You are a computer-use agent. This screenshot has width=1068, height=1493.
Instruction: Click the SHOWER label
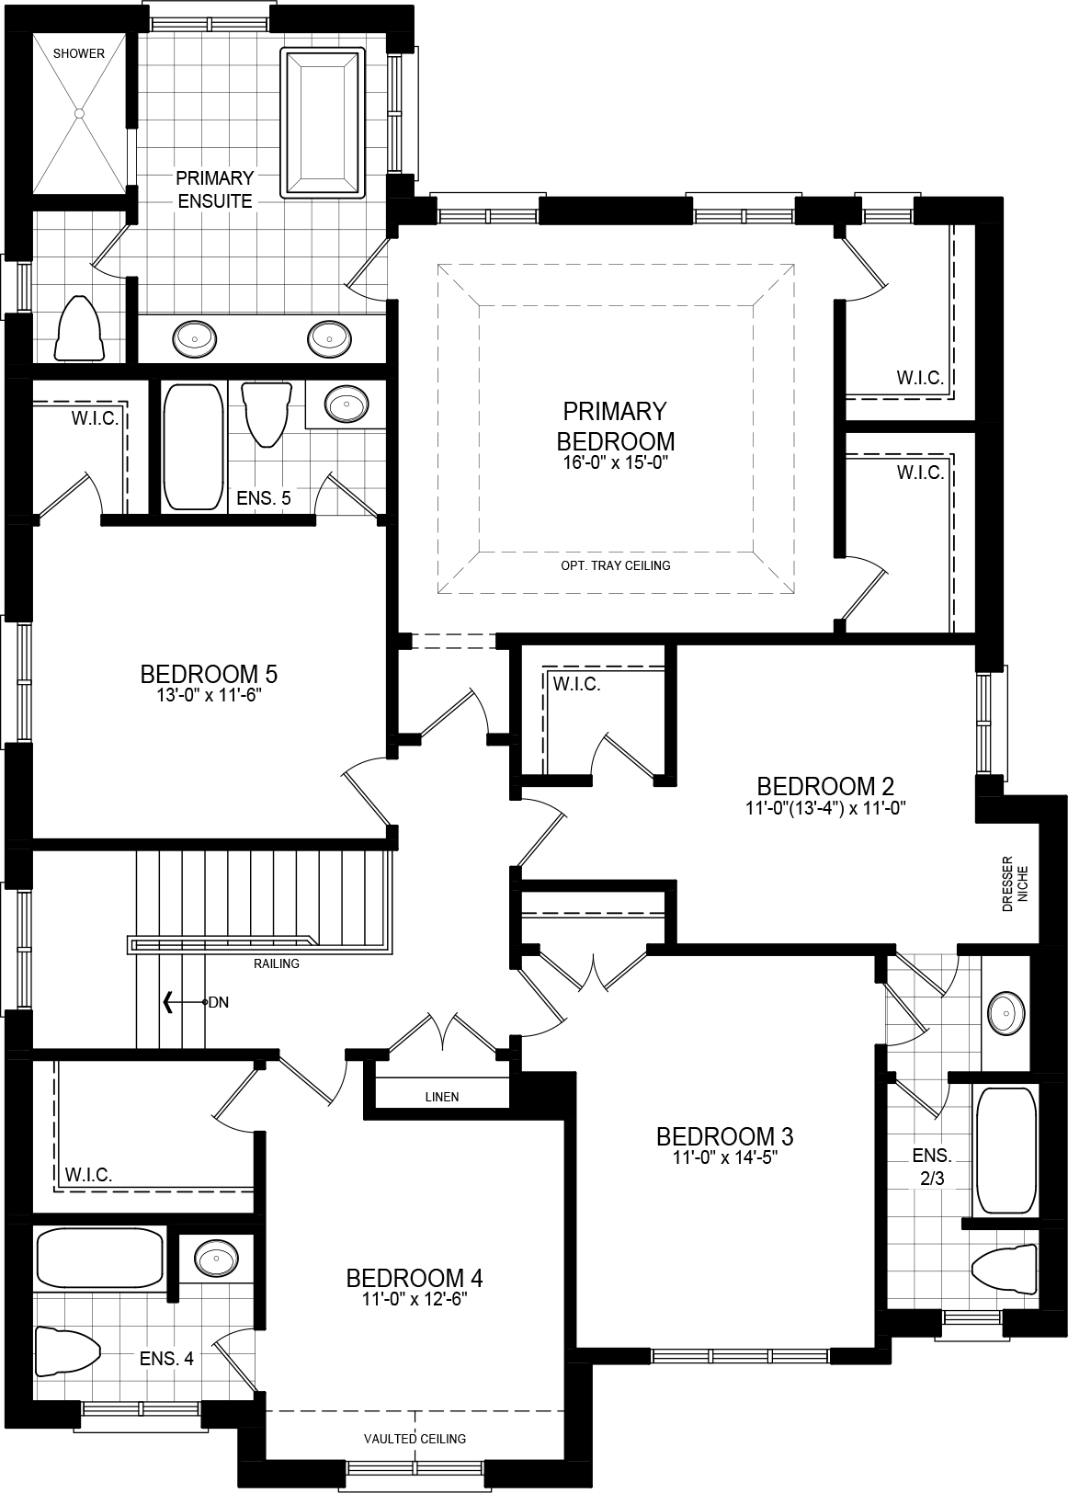pos(78,53)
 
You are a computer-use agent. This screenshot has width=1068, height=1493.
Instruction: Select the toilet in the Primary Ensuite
pos(78,328)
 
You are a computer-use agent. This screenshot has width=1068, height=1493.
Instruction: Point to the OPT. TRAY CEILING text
pos(615,565)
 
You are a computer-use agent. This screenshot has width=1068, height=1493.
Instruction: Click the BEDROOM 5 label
pos(209,674)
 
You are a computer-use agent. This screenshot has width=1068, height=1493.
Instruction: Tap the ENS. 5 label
pos(263,498)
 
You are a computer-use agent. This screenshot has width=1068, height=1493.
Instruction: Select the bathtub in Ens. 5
pos(193,447)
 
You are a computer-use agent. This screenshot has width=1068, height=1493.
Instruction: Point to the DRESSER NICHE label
pos(1015,883)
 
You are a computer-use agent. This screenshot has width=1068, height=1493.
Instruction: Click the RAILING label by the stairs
pos(277,964)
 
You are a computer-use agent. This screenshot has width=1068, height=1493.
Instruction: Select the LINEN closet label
pos(441,1097)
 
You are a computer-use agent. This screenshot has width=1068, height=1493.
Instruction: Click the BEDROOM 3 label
pos(724,1136)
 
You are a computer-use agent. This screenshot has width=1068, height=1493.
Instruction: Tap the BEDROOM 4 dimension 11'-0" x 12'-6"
pos(414,1300)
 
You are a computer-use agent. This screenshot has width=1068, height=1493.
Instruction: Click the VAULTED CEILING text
pos(415,1439)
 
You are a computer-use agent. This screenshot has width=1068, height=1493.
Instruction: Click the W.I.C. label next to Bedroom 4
pos(88,1175)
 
